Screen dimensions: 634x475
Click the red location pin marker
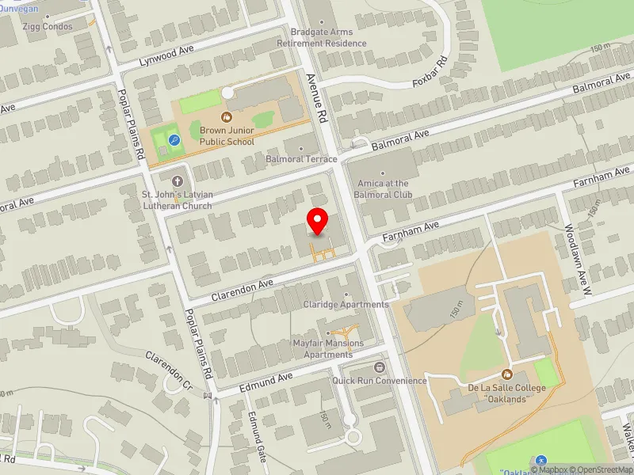point(318,221)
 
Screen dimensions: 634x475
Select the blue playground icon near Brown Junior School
point(174,140)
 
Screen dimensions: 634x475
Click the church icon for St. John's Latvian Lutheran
point(177,179)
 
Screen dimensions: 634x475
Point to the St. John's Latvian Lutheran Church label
point(177,200)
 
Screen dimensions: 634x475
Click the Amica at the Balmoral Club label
point(383,188)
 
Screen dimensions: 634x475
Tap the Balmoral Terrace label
point(301,159)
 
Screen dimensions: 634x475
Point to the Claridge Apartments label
point(346,305)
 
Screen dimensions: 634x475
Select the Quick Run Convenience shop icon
point(380,367)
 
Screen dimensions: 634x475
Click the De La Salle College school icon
point(507,374)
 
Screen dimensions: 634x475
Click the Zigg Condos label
point(47,27)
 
